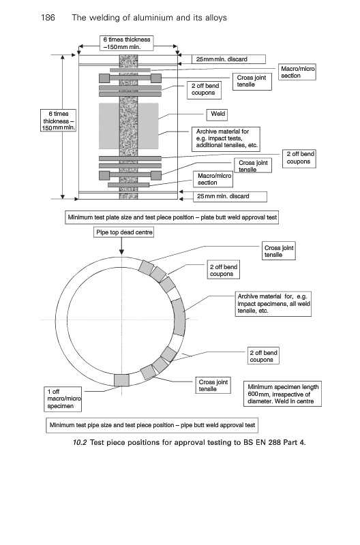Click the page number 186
pos(48,18)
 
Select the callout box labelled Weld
pos(217,114)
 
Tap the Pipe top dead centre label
pos(123,232)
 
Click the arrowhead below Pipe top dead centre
pos(121,252)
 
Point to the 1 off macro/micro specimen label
pos(63,399)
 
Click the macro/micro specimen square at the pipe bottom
pos(121,380)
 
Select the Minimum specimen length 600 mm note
pos(282,394)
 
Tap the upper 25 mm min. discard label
pos(228,59)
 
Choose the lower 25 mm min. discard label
pos(230,196)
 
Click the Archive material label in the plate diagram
pos(226,139)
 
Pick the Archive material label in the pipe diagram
pos(273,304)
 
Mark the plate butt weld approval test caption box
pos(172,217)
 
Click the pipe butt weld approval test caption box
pos(152,425)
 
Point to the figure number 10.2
pos(80,442)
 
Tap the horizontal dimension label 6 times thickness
pos(127,43)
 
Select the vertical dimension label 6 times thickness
pos(58,121)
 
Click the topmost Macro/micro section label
pos(297,72)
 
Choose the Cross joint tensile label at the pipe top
pos(279,251)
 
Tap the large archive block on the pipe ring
pos(179,317)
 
